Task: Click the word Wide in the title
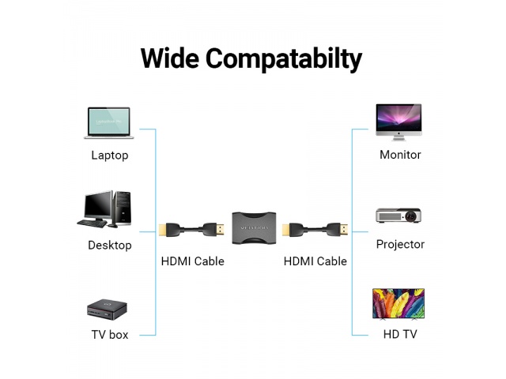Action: pyautogui.click(x=170, y=58)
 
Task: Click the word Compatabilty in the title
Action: pyautogui.click(x=284, y=60)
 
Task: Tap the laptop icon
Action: pyautogui.click(x=109, y=123)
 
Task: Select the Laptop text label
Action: pyautogui.click(x=110, y=156)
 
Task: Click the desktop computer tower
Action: pyautogui.click(x=123, y=208)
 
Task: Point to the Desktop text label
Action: pyautogui.click(x=110, y=246)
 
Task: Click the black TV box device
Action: pyautogui.click(x=107, y=310)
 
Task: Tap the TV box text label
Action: pyautogui.click(x=110, y=335)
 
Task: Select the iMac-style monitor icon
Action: pyautogui.click(x=398, y=122)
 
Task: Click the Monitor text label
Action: pyautogui.click(x=400, y=155)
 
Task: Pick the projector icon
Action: pyautogui.click(x=398, y=216)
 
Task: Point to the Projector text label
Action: pyautogui.click(x=400, y=245)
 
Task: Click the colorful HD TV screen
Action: pyautogui.click(x=398, y=303)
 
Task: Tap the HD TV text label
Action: pyautogui.click(x=400, y=334)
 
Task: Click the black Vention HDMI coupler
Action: pyautogui.click(x=254, y=227)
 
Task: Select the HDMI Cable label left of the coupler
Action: pyautogui.click(x=193, y=261)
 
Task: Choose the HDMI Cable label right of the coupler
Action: pyautogui.click(x=315, y=261)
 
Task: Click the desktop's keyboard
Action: pyautogui.click(x=92, y=223)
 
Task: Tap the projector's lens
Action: pyautogui.click(x=410, y=216)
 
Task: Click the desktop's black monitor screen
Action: pyautogui.click(x=98, y=205)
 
